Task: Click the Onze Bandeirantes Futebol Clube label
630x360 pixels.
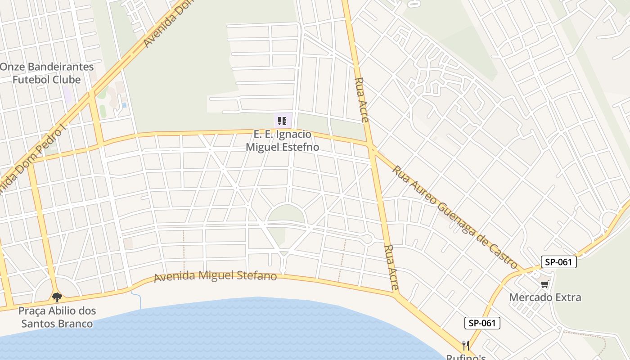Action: [47, 73]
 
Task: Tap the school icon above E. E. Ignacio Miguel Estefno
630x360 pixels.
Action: [282, 121]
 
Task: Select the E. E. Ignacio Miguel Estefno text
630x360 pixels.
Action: [282, 140]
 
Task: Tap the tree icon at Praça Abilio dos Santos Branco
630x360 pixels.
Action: [57, 297]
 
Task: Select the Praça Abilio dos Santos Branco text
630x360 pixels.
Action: [57, 317]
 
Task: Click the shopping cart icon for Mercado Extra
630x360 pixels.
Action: [545, 284]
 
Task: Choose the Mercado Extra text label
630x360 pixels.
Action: [545, 297]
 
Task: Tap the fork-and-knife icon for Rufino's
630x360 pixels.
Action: [466, 346]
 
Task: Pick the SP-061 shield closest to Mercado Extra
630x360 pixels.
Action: [558, 262]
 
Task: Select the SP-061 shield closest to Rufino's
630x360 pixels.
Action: [482, 323]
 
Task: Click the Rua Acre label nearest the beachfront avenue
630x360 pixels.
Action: [391, 267]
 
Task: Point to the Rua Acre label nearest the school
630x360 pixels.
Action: [362, 100]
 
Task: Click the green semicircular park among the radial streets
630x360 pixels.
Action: [286, 214]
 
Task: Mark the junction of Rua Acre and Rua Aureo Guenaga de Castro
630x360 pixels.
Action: [372, 147]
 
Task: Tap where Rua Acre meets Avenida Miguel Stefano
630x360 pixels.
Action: [396, 295]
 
